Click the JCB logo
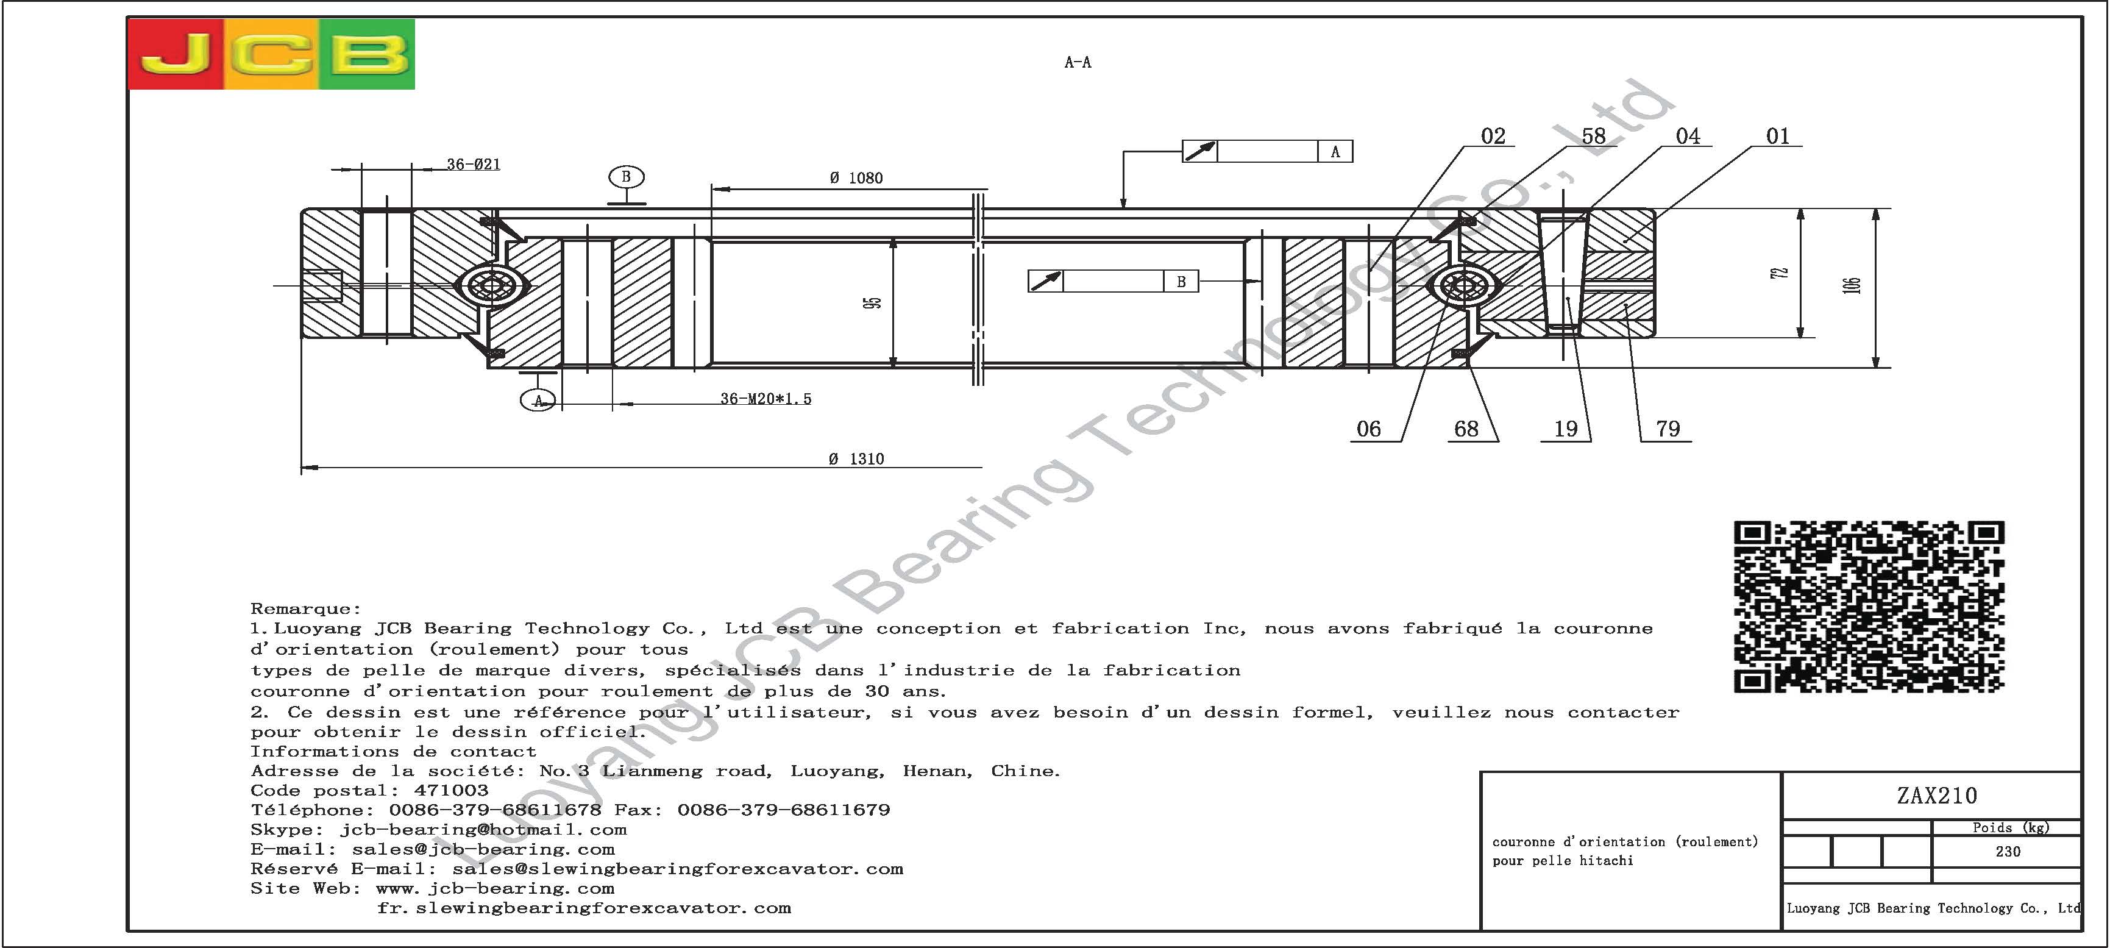click(272, 54)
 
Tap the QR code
click(1869, 607)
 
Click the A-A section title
click(1077, 62)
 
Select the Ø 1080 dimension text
click(856, 178)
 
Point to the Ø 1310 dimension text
click(856, 459)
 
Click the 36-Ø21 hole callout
click(474, 164)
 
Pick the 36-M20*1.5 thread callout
click(766, 399)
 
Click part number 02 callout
click(1493, 136)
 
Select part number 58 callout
click(1593, 136)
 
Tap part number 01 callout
click(1777, 136)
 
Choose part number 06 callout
click(1369, 429)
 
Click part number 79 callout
click(1668, 429)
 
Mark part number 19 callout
click(1565, 429)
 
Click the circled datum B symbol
click(626, 177)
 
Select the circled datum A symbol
click(538, 401)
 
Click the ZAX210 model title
click(1936, 796)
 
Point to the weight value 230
click(2008, 851)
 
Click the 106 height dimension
click(1853, 286)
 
